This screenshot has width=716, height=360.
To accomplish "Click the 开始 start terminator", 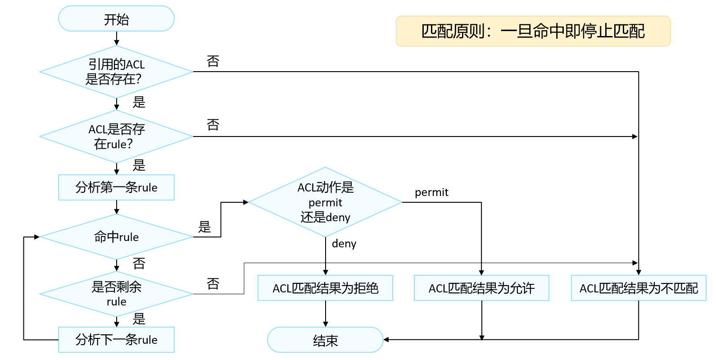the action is tap(116, 18).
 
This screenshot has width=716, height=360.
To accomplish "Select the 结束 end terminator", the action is tap(325, 340).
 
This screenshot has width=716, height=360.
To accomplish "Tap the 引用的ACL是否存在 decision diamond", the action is tap(116, 72).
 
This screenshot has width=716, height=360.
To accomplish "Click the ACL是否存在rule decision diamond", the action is tap(116, 137).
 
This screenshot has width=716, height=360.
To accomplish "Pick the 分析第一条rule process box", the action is tap(116, 187).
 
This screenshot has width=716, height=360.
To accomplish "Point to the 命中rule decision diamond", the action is tap(116, 237).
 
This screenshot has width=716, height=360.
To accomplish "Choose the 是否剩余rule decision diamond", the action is tap(116, 294).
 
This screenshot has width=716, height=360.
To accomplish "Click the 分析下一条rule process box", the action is tap(116, 340).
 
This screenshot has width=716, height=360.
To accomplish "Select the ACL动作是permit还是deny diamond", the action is tap(326, 202).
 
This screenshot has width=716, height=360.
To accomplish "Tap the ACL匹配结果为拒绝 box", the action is tap(326, 288).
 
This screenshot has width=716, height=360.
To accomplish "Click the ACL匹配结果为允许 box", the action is tap(481, 288).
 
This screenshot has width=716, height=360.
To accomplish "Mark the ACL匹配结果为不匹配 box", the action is tap(639, 288).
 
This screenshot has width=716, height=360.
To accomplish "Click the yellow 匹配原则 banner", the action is tap(533, 31).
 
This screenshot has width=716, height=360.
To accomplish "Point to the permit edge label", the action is tap(431, 192).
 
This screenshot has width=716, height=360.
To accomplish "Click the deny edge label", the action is tap(344, 244).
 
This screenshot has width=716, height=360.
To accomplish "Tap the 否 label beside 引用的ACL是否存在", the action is tap(213, 61).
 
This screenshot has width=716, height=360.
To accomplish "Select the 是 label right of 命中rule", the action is tap(204, 227).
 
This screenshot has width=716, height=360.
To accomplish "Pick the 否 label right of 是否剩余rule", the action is tap(213, 283).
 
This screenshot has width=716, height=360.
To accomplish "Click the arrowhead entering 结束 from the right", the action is tap(386, 340).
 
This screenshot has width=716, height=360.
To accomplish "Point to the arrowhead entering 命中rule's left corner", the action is tap(36, 237).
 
